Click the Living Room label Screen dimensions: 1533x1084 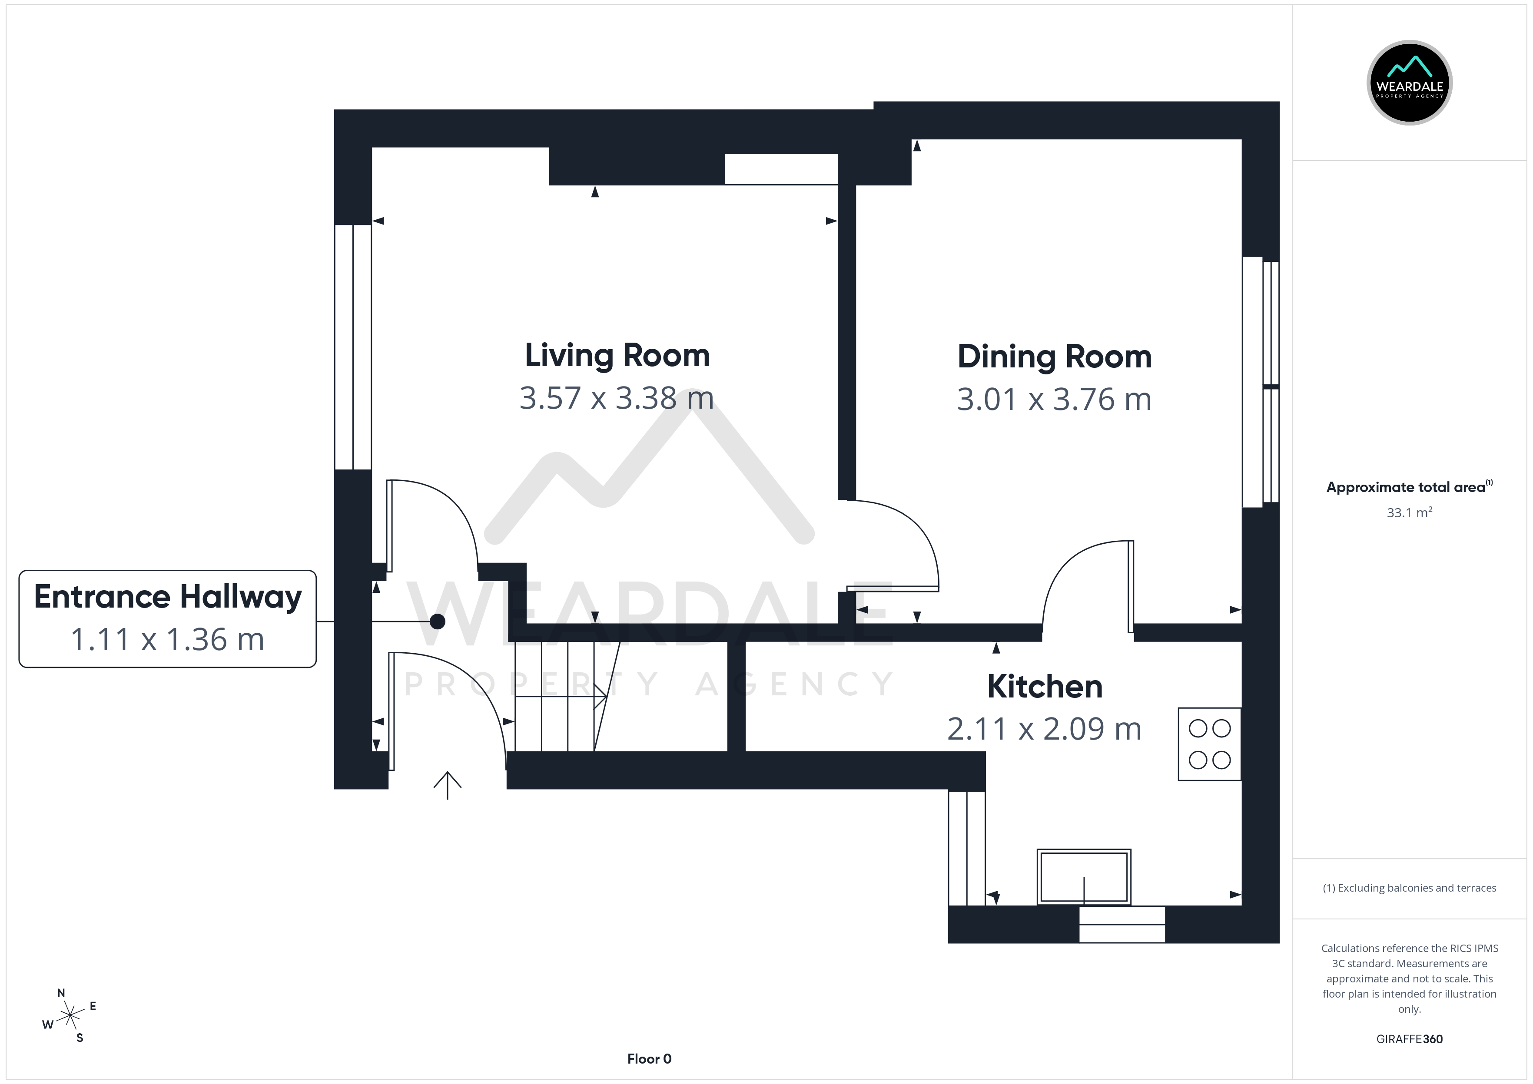[617, 356]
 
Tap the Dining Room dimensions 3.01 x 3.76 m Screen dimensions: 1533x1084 [1054, 399]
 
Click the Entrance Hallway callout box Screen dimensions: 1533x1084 [168, 619]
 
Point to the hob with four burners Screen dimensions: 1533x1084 [1210, 744]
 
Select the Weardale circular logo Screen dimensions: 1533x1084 [1410, 83]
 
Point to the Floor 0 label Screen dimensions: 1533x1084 [649, 1059]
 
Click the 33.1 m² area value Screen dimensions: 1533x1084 [1410, 512]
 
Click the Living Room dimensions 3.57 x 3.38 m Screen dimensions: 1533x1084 [617, 398]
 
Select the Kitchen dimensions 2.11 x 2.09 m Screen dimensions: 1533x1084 [1044, 729]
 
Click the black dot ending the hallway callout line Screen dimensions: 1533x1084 [437, 621]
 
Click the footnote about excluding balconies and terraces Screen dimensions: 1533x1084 [1410, 888]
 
